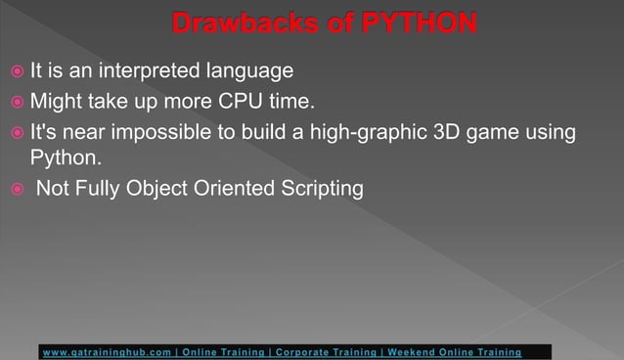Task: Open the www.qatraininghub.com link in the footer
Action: point(109,351)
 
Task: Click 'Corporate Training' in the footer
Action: point(325,351)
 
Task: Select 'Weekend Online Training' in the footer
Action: point(454,351)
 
